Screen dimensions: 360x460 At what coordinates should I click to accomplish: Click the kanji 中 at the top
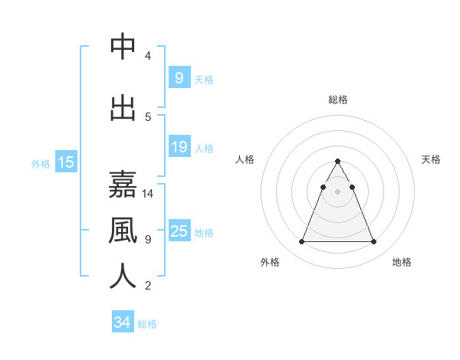click(123, 47)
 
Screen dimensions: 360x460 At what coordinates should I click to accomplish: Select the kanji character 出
click(123, 107)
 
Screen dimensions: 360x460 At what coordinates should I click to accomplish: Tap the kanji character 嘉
click(123, 185)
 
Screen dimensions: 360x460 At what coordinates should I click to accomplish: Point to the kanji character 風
click(123, 230)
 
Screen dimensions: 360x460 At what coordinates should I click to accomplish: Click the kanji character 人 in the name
click(123, 276)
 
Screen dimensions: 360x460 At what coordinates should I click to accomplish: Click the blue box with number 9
click(179, 77)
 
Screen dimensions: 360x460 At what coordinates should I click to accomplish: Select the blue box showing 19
click(179, 147)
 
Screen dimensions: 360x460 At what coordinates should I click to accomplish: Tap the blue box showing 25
click(179, 231)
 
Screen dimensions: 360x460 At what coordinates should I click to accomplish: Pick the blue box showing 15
click(66, 162)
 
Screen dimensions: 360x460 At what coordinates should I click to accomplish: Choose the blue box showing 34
click(122, 322)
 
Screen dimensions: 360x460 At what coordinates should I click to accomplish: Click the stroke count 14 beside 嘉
click(148, 194)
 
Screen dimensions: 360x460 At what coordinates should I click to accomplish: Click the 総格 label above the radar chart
click(337, 100)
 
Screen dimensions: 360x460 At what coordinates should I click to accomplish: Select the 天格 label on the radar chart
click(431, 159)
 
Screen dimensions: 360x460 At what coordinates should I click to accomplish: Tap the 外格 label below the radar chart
click(270, 262)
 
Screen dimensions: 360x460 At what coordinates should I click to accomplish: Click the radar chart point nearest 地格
click(373, 242)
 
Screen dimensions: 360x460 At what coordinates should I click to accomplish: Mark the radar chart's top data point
click(337, 161)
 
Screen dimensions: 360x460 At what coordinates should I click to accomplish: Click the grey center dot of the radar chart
click(337, 191)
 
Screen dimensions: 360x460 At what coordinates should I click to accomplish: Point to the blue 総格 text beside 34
click(147, 324)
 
